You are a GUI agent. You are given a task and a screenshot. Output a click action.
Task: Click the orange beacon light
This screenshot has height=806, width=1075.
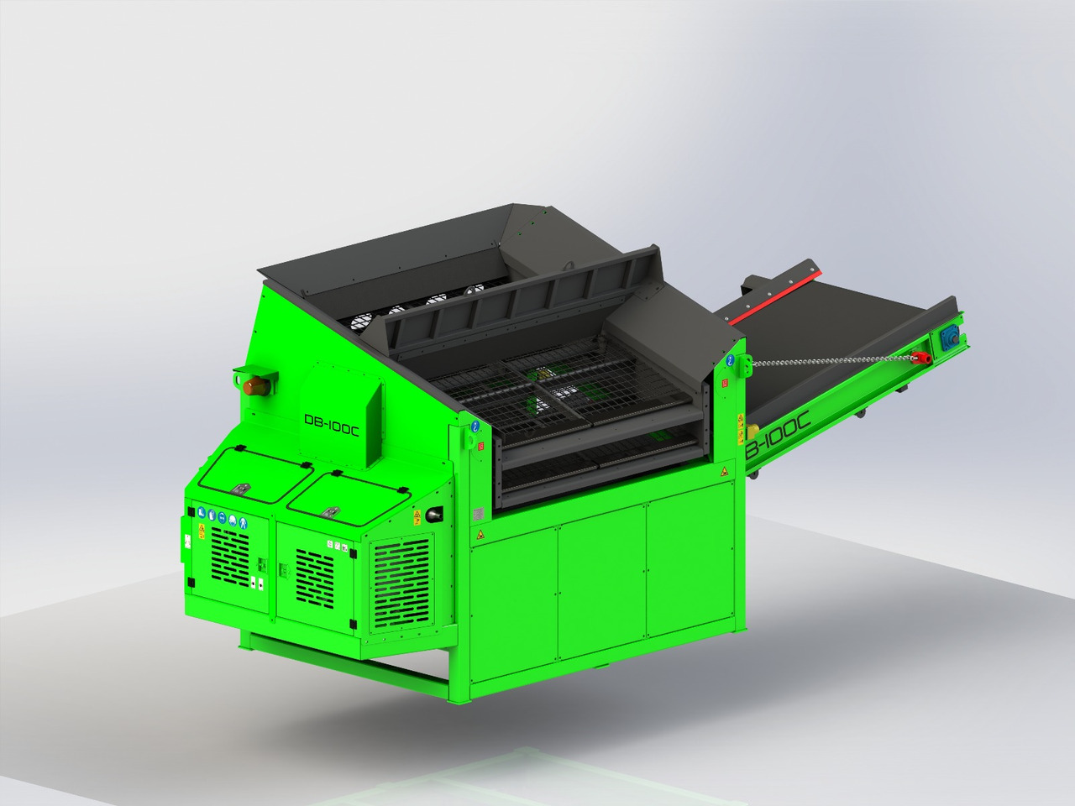tap(257, 385)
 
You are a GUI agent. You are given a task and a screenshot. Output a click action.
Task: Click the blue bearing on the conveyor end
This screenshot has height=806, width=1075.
tap(951, 335)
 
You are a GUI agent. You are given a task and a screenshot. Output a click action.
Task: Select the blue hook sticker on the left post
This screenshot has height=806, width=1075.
tap(475, 426)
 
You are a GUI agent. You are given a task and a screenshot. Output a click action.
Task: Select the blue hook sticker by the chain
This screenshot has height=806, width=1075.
tap(731, 360)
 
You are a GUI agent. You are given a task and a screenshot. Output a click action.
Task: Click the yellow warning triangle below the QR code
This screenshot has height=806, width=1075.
tap(480, 534)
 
